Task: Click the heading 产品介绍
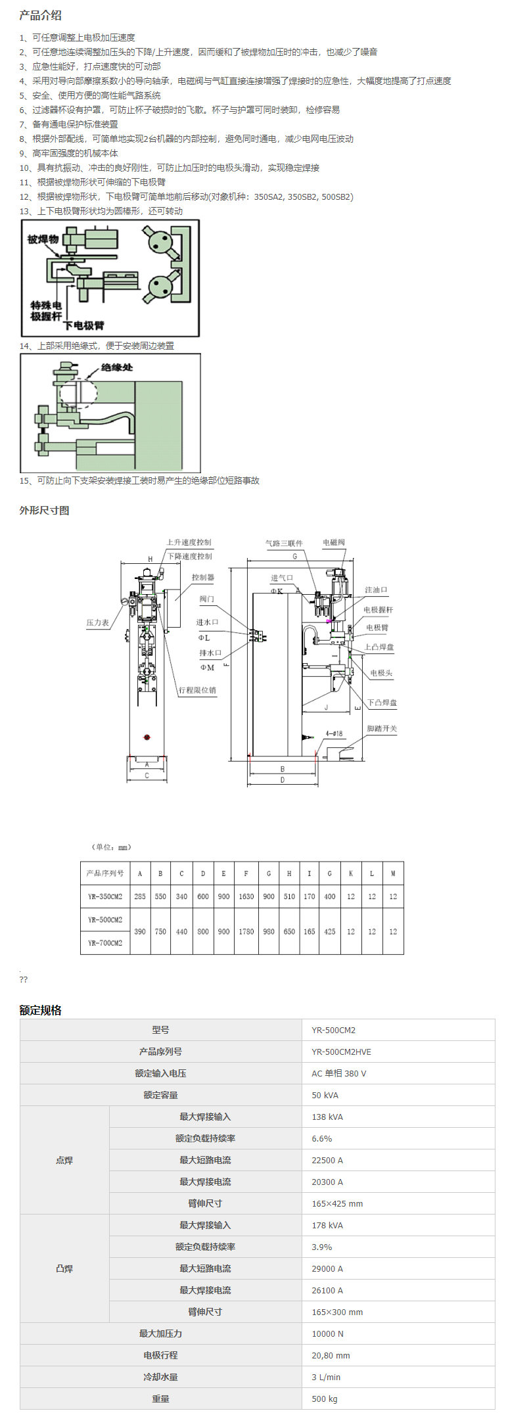tap(40, 15)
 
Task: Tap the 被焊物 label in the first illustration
tap(43, 239)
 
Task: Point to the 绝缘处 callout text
tap(117, 367)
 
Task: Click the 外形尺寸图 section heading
tap(44, 511)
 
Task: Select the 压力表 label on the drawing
tap(97, 622)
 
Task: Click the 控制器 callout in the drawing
tap(202, 577)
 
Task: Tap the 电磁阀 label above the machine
tap(333, 542)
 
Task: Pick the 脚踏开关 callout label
tap(382, 729)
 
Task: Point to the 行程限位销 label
tap(197, 690)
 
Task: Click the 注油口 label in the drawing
tap(376, 590)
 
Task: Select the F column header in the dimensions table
tap(246, 873)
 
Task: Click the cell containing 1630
tap(246, 896)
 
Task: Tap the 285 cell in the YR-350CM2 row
tap(140, 896)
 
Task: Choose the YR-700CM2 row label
tap(105, 943)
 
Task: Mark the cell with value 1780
tap(246, 931)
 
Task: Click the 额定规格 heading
tap(40, 1010)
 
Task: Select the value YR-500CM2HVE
tap(341, 1052)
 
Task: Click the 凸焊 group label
tap(64, 1268)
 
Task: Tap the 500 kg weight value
tap(325, 1399)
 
